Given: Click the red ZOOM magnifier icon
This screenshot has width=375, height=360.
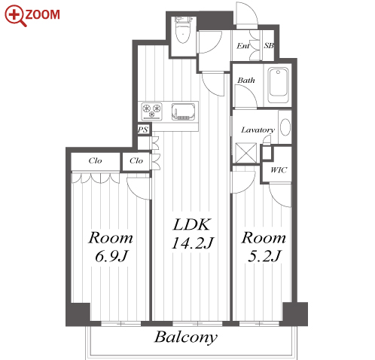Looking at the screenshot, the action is pyautogui.click(x=15, y=15).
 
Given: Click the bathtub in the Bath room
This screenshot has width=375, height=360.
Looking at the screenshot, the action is pyautogui.click(x=278, y=85).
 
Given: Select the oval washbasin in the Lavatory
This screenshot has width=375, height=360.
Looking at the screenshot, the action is pyautogui.click(x=285, y=127).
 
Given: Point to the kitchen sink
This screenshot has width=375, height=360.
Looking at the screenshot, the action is pyautogui.click(x=183, y=111).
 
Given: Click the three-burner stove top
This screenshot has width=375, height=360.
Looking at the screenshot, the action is pyautogui.click(x=151, y=111).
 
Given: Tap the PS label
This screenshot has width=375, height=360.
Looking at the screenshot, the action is pyautogui.click(x=143, y=130).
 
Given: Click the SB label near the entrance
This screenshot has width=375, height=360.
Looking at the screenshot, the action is pyautogui.click(x=269, y=46).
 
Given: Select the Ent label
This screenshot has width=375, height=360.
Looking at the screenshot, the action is pyautogui.click(x=243, y=46).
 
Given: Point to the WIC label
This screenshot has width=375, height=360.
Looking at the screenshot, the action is pyautogui.click(x=279, y=170).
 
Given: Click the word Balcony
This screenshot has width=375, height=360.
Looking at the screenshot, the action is pyautogui.click(x=186, y=337).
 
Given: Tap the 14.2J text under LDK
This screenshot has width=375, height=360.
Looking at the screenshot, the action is pyautogui.click(x=192, y=243).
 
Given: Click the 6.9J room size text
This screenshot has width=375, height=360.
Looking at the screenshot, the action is pyautogui.click(x=111, y=256).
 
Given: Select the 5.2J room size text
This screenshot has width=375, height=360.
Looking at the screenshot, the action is pyautogui.click(x=264, y=256).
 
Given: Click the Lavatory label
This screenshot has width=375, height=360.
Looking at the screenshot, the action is pyautogui.click(x=258, y=130).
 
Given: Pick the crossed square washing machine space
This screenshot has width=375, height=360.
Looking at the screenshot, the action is pyautogui.click(x=246, y=153).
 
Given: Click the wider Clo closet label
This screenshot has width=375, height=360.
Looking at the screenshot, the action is pyautogui.click(x=95, y=160).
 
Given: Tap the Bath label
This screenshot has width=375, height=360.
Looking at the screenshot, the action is pyautogui.click(x=246, y=81).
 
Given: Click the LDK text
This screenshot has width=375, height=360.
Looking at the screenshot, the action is pyautogui.click(x=191, y=224).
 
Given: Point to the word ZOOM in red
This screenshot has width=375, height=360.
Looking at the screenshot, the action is pyautogui.click(x=42, y=14).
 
